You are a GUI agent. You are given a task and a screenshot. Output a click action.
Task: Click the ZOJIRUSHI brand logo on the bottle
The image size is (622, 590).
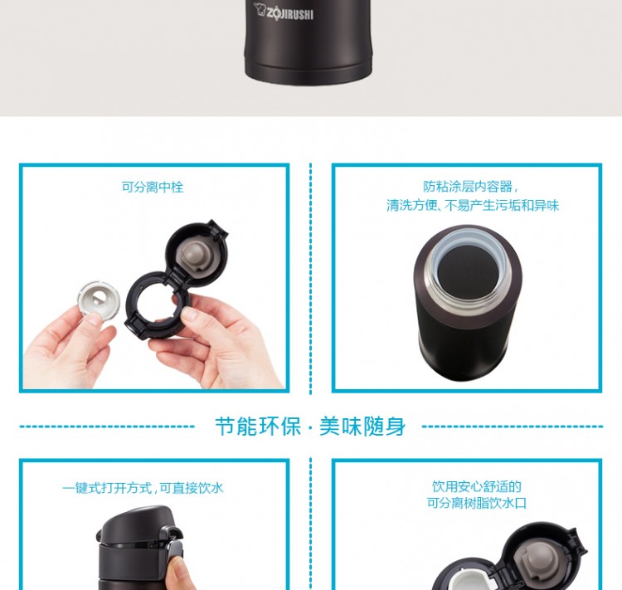(x=284, y=12)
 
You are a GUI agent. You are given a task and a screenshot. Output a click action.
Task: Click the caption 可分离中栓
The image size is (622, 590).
(x=153, y=187)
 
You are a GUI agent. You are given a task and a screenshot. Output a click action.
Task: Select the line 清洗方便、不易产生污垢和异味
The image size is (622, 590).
(x=473, y=205)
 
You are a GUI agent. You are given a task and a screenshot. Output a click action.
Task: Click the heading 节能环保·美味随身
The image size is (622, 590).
(x=310, y=427)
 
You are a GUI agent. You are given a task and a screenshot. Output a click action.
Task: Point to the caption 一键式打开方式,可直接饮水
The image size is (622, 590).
(x=143, y=488)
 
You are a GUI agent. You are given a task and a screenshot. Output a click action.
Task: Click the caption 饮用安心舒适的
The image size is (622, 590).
(x=476, y=486)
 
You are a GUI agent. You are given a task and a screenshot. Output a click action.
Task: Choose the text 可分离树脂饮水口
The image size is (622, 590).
(x=476, y=503)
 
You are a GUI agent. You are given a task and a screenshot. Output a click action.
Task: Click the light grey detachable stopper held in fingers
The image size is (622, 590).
(x=99, y=298)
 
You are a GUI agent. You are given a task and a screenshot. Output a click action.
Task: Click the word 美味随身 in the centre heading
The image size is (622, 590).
(x=362, y=427)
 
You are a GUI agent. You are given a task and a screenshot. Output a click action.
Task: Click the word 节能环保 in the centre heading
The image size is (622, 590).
(x=258, y=427)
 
